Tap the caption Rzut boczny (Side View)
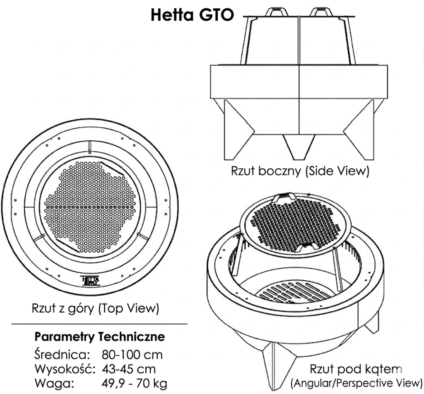[300, 171]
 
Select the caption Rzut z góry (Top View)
[95, 309]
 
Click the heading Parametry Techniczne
[100, 336]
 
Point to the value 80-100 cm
[132, 355]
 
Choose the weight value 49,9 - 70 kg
[135, 383]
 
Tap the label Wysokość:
[65, 369]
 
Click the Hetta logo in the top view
[88, 281]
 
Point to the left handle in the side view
[275, 12]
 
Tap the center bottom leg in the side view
[299, 148]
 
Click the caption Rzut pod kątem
[356, 369]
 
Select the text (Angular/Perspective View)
[356, 382]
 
